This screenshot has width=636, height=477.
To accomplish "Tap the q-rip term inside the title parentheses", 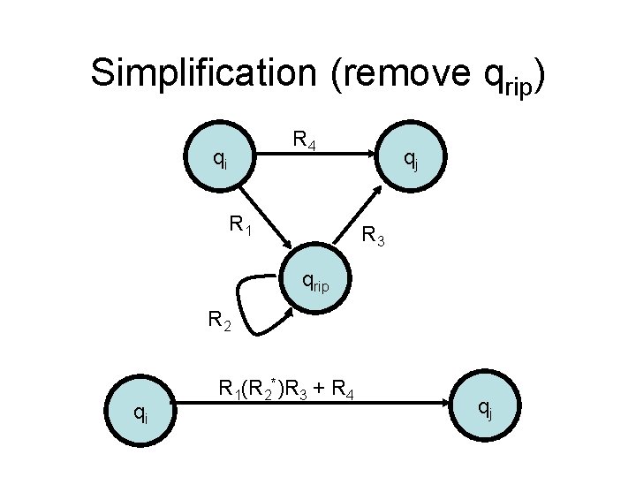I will pyautogui.click(x=509, y=81).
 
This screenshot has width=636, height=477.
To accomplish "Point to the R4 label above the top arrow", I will pyautogui.click(x=306, y=140).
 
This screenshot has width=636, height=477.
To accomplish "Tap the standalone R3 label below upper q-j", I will pyautogui.click(x=375, y=236).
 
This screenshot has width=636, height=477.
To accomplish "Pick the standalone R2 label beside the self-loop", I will pyautogui.click(x=219, y=321).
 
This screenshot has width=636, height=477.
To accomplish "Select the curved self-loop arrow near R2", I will pyautogui.click(x=252, y=305).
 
